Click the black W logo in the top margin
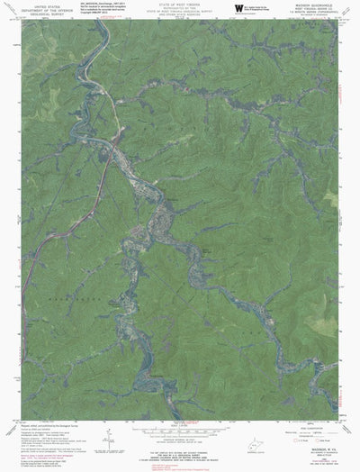tap(238, 9)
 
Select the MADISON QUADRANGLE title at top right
tap(310, 4)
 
